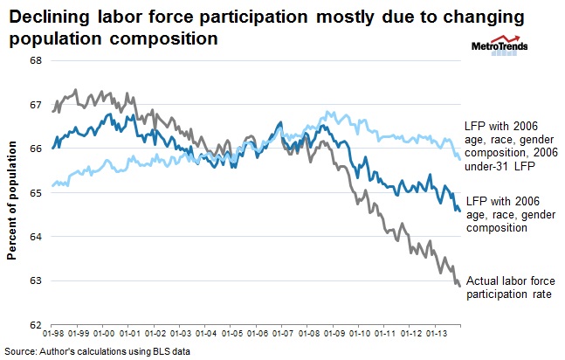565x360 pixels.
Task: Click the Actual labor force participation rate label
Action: (x=510, y=287)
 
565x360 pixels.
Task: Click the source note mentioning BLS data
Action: (x=95, y=350)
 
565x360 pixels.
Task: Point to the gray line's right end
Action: (x=460, y=285)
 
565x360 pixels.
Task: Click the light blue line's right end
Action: (x=460, y=159)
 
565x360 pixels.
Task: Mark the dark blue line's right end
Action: (x=460, y=210)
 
